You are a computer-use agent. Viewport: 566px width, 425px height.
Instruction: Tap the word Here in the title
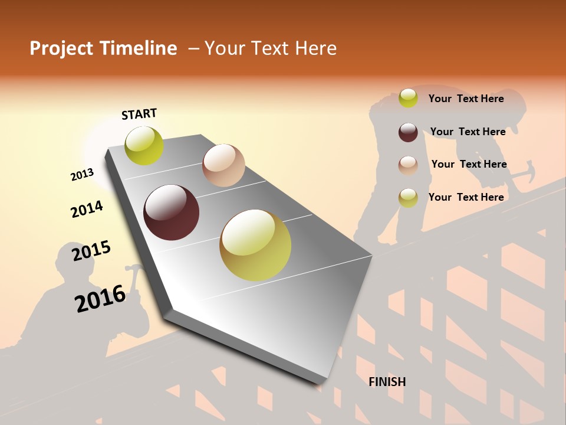pyautogui.click(x=315, y=48)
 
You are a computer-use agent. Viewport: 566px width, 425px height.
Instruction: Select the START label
pyautogui.click(x=139, y=114)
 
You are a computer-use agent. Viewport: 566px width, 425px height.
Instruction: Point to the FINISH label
pyautogui.click(x=387, y=382)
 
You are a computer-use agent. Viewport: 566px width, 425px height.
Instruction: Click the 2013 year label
pyautogui.click(x=83, y=175)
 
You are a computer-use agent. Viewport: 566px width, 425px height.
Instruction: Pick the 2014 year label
pyautogui.click(x=87, y=209)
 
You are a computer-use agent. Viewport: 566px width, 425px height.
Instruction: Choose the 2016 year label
pyautogui.click(x=100, y=298)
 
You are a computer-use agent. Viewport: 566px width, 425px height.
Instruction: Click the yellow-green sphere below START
pyautogui.click(x=144, y=145)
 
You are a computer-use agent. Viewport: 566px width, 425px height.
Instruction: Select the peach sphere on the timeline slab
pyautogui.click(x=223, y=165)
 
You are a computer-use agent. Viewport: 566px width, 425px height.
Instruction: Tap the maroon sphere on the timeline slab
pyautogui.click(x=172, y=212)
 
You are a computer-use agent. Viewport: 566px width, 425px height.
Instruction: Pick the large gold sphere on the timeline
pyautogui.click(x=255, y=245)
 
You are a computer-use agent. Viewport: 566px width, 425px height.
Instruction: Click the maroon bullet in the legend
pyautogui.click(x=408, y=132)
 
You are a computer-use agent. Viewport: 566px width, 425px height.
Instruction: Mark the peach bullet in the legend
pyautogui.click(x=408, y=165)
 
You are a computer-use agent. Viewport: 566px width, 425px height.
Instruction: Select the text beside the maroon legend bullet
pyautogui.click(x=468, y=132)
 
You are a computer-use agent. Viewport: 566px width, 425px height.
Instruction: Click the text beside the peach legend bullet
pyautogui.click(x=469, y=164)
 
